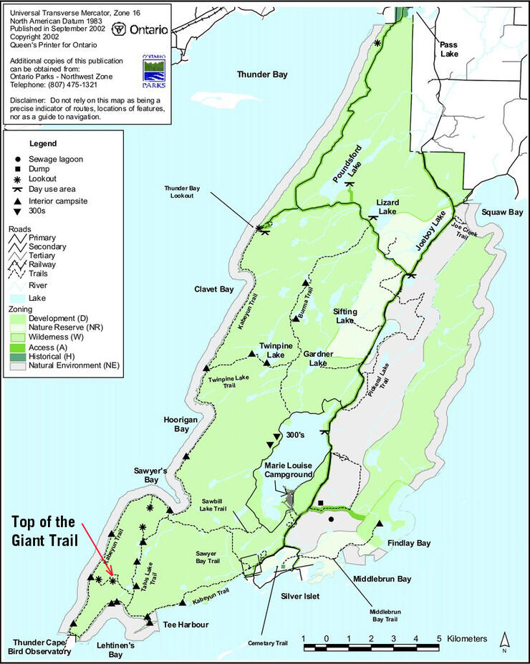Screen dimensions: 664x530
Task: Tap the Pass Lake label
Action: pos(448,49)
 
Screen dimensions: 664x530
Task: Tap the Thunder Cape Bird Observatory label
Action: pos(40,647)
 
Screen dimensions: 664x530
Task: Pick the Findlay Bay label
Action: pos(409,544)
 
